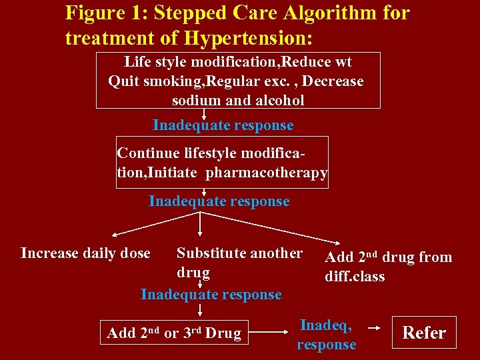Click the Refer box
424,333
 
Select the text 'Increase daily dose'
85,253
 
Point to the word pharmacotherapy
267,173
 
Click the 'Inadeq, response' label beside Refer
326,335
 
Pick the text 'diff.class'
355,276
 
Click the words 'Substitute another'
239,253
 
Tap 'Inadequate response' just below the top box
223,125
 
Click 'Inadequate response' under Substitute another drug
211,294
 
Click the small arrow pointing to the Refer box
375,328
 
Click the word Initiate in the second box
172,173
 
